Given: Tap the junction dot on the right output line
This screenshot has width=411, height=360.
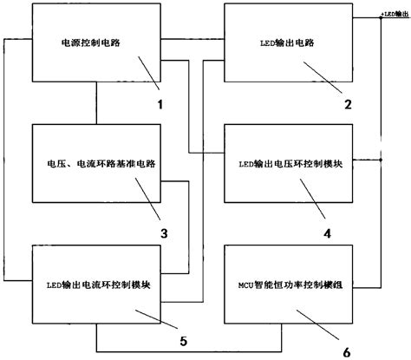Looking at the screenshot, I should tap(380, 160).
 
